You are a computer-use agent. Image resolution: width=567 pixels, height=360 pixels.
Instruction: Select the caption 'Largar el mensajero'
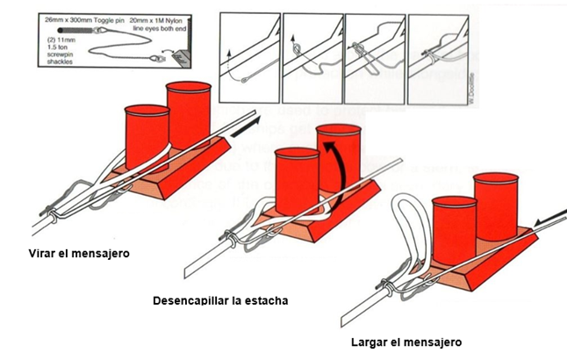coord(383,342)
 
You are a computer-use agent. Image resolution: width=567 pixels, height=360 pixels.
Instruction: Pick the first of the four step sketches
coord(249,49)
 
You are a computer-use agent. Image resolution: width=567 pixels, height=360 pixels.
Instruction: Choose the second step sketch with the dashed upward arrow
coord(312,49)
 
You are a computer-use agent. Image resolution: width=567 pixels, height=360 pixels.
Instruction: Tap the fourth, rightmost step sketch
coord(437,49)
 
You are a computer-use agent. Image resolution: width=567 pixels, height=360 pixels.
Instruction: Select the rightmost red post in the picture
coord(497,211)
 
